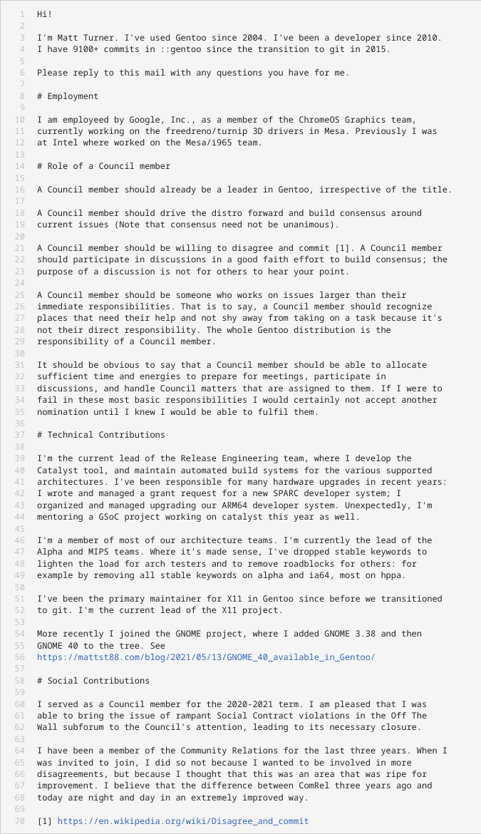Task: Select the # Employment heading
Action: point(68,96)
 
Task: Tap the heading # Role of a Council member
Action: point(103,166)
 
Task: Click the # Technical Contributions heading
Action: point(101,435)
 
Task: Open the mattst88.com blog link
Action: point(206,657)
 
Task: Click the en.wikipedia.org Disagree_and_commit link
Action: point(183,821)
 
